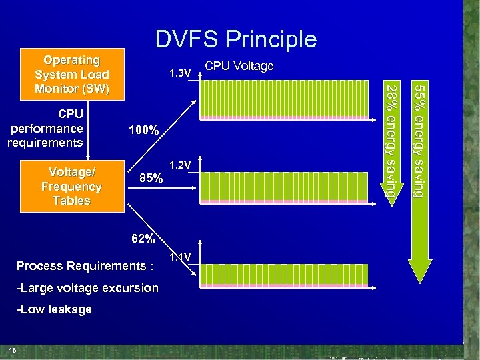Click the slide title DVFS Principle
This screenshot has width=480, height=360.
pos(236,40)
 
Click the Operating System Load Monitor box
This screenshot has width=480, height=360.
pos(72,74)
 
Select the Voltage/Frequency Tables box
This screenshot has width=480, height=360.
pos(71,187)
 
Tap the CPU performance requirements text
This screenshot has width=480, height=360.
pos(45,128)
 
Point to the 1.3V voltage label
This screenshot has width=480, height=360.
pos(180,72)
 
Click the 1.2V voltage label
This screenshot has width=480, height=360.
pos(180,165)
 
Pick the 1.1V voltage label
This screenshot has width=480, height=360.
pos(180,258)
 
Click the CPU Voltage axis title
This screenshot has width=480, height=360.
pos(239,66)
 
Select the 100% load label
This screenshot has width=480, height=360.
pos(143,131)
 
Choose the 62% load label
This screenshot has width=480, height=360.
pos(143,239)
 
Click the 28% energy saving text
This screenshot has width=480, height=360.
pos(393,140)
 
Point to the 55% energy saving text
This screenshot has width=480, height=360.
pos(419,140)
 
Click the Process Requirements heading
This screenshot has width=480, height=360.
pos(85,266)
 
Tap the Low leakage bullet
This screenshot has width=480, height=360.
pos(55,309)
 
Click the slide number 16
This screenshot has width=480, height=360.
pos(13,351)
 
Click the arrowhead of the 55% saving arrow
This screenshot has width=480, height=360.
pos(419,273)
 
